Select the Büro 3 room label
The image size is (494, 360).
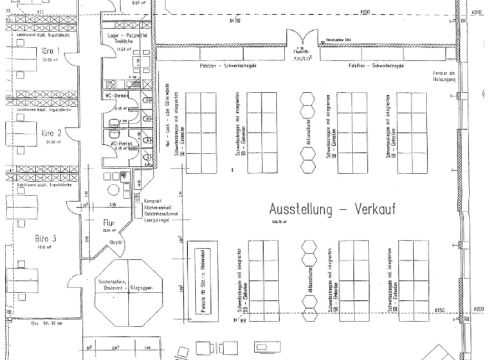pyautogui.click(x=46, y=238)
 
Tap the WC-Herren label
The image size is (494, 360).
pyautogui.click(x=123, y=143)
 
